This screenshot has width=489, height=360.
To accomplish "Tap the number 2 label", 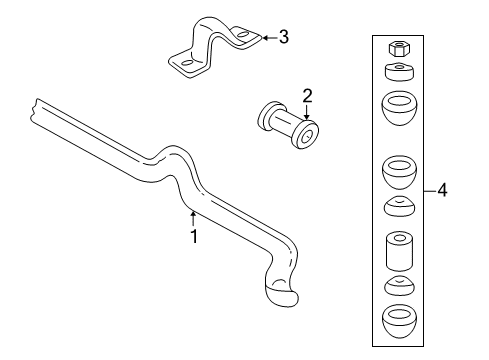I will point(308,96).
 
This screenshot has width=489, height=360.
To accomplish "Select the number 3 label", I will point(284,38).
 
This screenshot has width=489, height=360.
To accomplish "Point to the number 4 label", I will point(441,190).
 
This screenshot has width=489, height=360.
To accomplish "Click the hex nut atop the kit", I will point(394,48).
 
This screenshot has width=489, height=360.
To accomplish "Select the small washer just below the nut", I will point(394,72).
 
